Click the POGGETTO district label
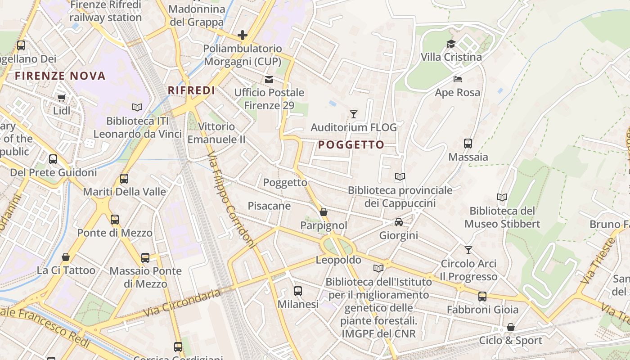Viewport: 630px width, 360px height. [x=351, y=145]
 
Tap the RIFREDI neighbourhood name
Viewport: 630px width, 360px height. [x=191, y=90]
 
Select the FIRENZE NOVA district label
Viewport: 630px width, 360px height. [x=60, y=76]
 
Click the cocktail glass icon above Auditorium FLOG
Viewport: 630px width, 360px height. [x=354, y=114]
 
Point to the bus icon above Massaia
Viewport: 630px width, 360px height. [x=468, y=144]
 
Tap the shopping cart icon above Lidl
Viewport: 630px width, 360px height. [x=61, y=98]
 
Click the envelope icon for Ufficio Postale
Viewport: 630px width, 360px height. [x=269, y=80]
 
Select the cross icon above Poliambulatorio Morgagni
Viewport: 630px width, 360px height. [x=243, y=35]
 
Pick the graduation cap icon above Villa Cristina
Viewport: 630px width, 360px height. [x=451, y=44]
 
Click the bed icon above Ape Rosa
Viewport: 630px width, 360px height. [x=457, y=79]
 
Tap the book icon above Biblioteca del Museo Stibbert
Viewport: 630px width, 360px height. [x=502, y=197]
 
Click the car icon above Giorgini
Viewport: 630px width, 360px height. [x=399, y=222]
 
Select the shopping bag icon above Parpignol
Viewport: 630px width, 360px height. [x=323, y=212]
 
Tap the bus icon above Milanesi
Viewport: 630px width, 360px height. [x=297, y=291]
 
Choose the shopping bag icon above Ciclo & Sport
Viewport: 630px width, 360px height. [x=510, y=327]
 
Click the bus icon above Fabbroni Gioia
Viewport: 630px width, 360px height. [x=482, y=296]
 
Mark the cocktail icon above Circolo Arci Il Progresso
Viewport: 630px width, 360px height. [x=468, y=250]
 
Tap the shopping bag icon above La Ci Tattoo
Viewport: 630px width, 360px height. [x=66, y=257]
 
